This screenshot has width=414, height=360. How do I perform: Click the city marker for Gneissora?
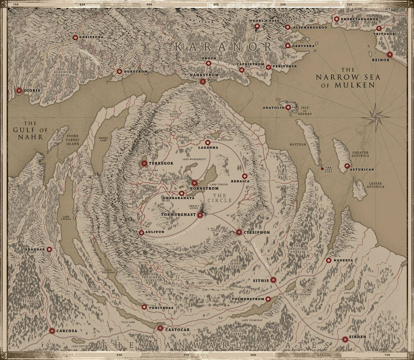point(75,38)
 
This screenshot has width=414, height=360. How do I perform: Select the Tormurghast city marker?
point(200,215)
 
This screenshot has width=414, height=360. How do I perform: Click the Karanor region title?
point(223,47)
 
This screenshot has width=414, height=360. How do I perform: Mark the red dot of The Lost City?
point(322,169)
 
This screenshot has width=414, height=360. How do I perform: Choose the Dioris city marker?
point(19,91)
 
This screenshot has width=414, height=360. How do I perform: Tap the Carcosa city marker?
point(52,331)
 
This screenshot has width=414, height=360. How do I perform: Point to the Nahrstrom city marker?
point(202,81)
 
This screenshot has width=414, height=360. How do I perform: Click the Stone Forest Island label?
point(73,140)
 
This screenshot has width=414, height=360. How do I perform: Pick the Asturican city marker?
point(347,166)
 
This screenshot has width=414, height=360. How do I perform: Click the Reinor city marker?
point(390,54)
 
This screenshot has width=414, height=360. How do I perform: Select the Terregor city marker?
point(144,163)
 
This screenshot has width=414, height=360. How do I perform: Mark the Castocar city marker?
point(160,328)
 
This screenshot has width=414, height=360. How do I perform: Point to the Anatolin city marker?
point(288,107)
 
